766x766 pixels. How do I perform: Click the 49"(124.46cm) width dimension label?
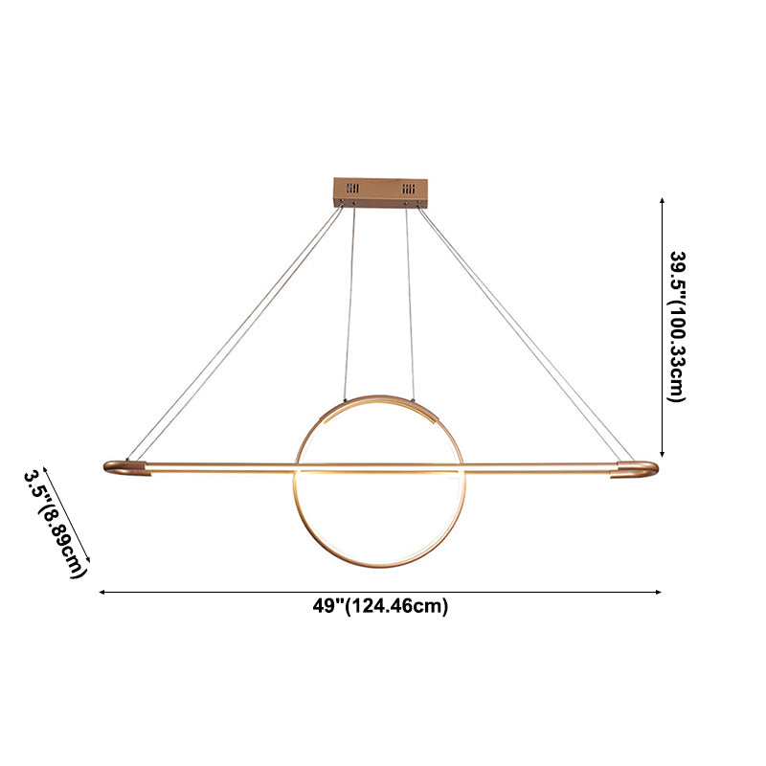[x=381, y=605]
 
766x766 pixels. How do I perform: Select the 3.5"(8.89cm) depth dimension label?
[x=56, y=523]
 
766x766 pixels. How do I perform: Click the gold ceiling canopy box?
[x=381, y=191]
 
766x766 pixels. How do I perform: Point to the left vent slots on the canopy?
[x=352, y=188]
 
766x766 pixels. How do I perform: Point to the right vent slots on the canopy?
[x=411, y=188]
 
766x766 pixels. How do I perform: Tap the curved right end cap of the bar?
[x=639, y=469]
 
